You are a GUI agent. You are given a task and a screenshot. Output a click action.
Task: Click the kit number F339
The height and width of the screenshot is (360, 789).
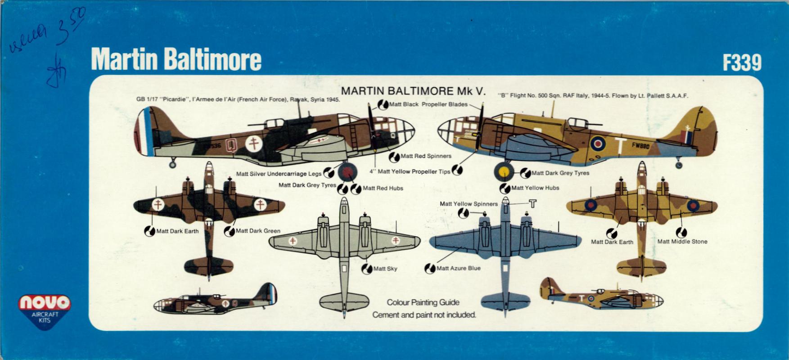[742, 63]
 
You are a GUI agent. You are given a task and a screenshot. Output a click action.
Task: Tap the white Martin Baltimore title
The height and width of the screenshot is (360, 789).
[176, 60]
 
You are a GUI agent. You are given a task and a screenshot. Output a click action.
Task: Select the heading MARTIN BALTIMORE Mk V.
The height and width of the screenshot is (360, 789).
[414, 91]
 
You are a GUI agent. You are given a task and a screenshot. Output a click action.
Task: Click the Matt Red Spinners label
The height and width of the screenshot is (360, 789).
[425, 156]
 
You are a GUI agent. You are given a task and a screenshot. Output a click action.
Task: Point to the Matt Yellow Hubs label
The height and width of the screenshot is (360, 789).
[535, 188]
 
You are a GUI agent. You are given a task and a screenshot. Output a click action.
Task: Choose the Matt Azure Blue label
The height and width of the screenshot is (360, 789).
[458, 268]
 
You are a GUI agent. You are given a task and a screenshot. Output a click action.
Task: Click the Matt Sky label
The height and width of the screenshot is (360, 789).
[385, 269]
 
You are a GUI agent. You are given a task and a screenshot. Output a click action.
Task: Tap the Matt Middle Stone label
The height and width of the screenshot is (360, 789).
[682, 242]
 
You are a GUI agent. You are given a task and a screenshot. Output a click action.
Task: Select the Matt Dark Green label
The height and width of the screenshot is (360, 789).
[257, 231]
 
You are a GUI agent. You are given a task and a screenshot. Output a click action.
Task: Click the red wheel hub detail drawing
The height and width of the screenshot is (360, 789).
[347, 171]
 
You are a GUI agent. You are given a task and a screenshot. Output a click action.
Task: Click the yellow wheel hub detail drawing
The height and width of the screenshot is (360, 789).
[504, 171]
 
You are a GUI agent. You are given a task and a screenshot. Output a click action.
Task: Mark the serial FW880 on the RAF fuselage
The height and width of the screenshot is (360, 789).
[640, 145]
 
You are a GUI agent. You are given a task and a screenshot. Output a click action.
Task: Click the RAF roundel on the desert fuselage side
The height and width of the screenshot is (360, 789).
[598, 144]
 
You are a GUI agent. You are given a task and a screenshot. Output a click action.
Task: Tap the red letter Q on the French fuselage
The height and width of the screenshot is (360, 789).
[232, 145]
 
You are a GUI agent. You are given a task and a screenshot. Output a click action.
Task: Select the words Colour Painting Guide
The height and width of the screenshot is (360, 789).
[423, 302]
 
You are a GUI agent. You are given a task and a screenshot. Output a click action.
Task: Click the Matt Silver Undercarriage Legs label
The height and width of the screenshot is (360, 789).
[279, 174]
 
